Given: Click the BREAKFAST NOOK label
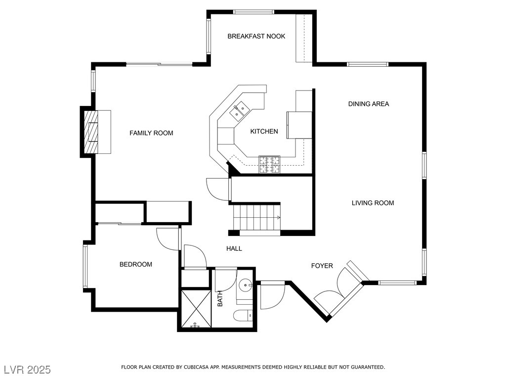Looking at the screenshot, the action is point(256,36).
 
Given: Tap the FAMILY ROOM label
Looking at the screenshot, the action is point(151,133).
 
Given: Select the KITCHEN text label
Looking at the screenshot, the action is point(264,131).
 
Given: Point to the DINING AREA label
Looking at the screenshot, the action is point(369,104).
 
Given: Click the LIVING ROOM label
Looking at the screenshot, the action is point(373,203).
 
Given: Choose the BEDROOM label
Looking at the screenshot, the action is point(136,264).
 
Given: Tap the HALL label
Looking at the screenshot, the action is point(234,248).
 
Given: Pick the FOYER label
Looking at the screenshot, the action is point(322,266).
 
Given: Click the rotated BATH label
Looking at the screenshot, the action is point(220,299).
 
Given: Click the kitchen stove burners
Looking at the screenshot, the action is point(269,164).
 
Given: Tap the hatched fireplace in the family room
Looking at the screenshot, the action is point(91,132).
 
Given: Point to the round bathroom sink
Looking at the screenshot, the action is point(246,285).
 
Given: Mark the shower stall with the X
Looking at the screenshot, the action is point(196,309).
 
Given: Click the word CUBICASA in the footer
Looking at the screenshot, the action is point(196,367).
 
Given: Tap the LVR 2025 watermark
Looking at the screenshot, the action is point(27,369).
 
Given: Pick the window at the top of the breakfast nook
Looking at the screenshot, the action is point(253,12).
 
